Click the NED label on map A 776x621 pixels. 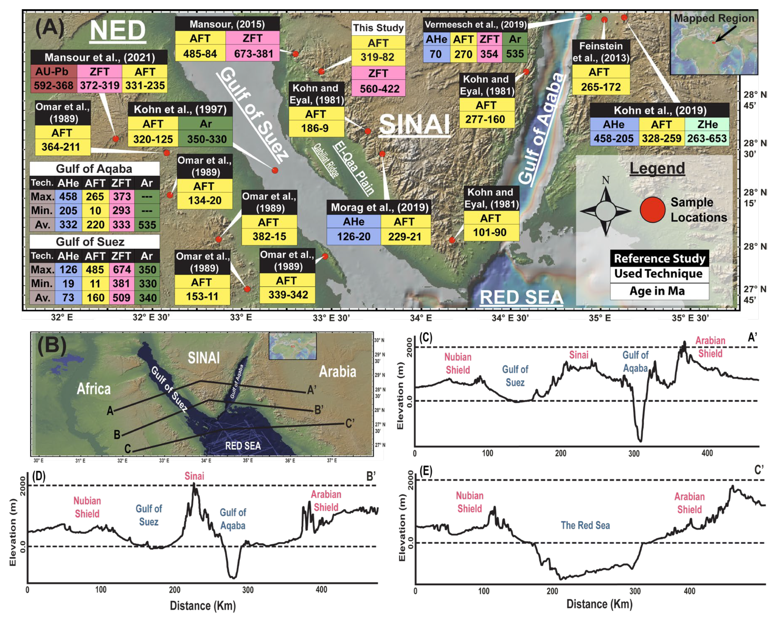(117, 31)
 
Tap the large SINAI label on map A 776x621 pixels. (415, 125)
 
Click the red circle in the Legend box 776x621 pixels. (652, 210)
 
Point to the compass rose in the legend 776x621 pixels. (606, 210)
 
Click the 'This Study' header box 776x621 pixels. (378, 28)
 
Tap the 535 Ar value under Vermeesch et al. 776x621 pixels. (515, 54)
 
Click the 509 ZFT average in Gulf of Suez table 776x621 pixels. (121, 298)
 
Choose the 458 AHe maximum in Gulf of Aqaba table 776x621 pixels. (68, 197)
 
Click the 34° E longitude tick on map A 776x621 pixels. (421, 318)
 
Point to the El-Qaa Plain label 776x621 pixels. (354, 168)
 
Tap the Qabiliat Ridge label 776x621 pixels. (326, 161)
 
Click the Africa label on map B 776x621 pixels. (94, 389)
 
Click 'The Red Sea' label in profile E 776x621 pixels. (585, 525)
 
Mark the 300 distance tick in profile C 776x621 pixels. (634, 453)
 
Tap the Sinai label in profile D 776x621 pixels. (194, 476)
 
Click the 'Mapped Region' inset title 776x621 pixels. (714, 18)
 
